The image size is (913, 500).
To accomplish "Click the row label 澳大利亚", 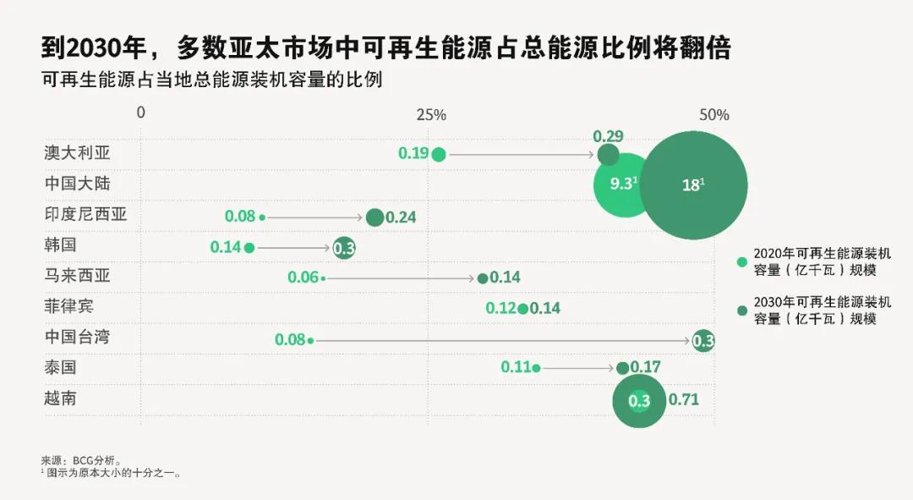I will tap(77, 153).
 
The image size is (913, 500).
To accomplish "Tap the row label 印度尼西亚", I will tap(85, 214).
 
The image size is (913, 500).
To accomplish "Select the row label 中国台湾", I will tap(77, 337).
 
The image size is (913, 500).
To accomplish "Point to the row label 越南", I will tap(60, 398).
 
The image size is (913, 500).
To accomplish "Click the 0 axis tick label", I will tap(141, 113).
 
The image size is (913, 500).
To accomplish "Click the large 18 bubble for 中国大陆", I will tap(693, 185).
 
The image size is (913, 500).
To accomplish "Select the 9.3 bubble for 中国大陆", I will tap(624, 184).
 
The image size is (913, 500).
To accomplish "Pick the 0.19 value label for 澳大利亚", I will tap(413, 153).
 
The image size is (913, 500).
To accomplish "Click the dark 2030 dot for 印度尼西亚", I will tap(374, 217).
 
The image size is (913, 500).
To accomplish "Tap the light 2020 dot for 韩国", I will tap(249, 248).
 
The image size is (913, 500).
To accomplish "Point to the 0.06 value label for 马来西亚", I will tap(303, 277).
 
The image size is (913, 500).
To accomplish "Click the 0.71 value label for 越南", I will tap(683, 399).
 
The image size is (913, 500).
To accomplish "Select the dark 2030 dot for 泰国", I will tap(622, 368).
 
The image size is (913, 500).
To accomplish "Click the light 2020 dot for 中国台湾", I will tap(310, 340).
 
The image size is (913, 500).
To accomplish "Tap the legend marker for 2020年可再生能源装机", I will tap(742, 261).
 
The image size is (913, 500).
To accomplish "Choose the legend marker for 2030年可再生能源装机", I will tap(742, 310).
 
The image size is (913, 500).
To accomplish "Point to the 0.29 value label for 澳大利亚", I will tap(608, 136).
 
